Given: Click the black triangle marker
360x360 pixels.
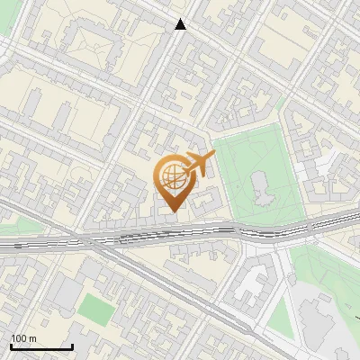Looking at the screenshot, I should point(181,24).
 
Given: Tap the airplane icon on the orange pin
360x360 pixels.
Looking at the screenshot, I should point(199,164).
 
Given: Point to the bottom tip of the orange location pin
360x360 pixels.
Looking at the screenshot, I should point(173,212).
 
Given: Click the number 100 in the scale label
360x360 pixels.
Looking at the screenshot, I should point(18,338).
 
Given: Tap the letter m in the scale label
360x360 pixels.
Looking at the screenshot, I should point(32,338).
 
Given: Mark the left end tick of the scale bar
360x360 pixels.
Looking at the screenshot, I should point(11,346).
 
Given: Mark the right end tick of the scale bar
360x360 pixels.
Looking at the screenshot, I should point(72,346).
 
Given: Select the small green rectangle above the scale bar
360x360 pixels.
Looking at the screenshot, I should point(95,310).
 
